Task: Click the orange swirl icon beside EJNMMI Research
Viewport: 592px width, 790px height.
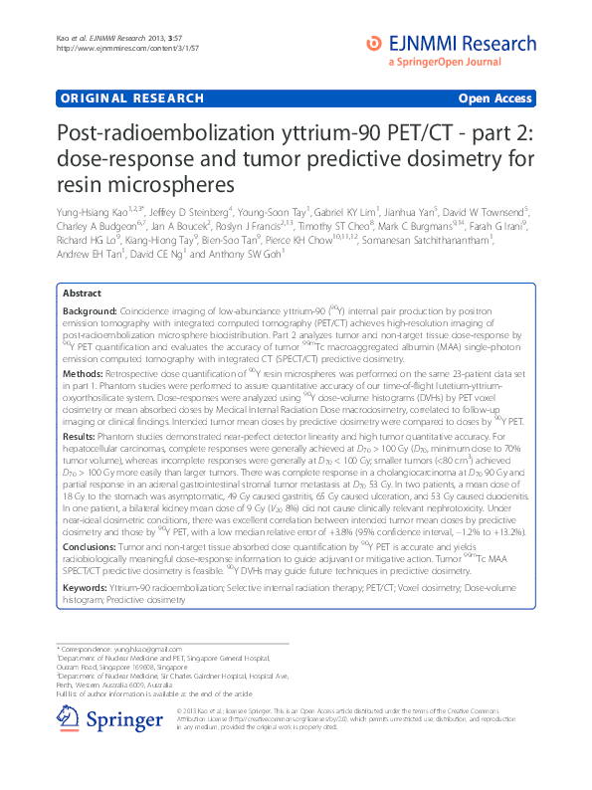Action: (x=373, y=42)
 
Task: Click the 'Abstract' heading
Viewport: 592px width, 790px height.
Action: (x=82, y=295)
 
